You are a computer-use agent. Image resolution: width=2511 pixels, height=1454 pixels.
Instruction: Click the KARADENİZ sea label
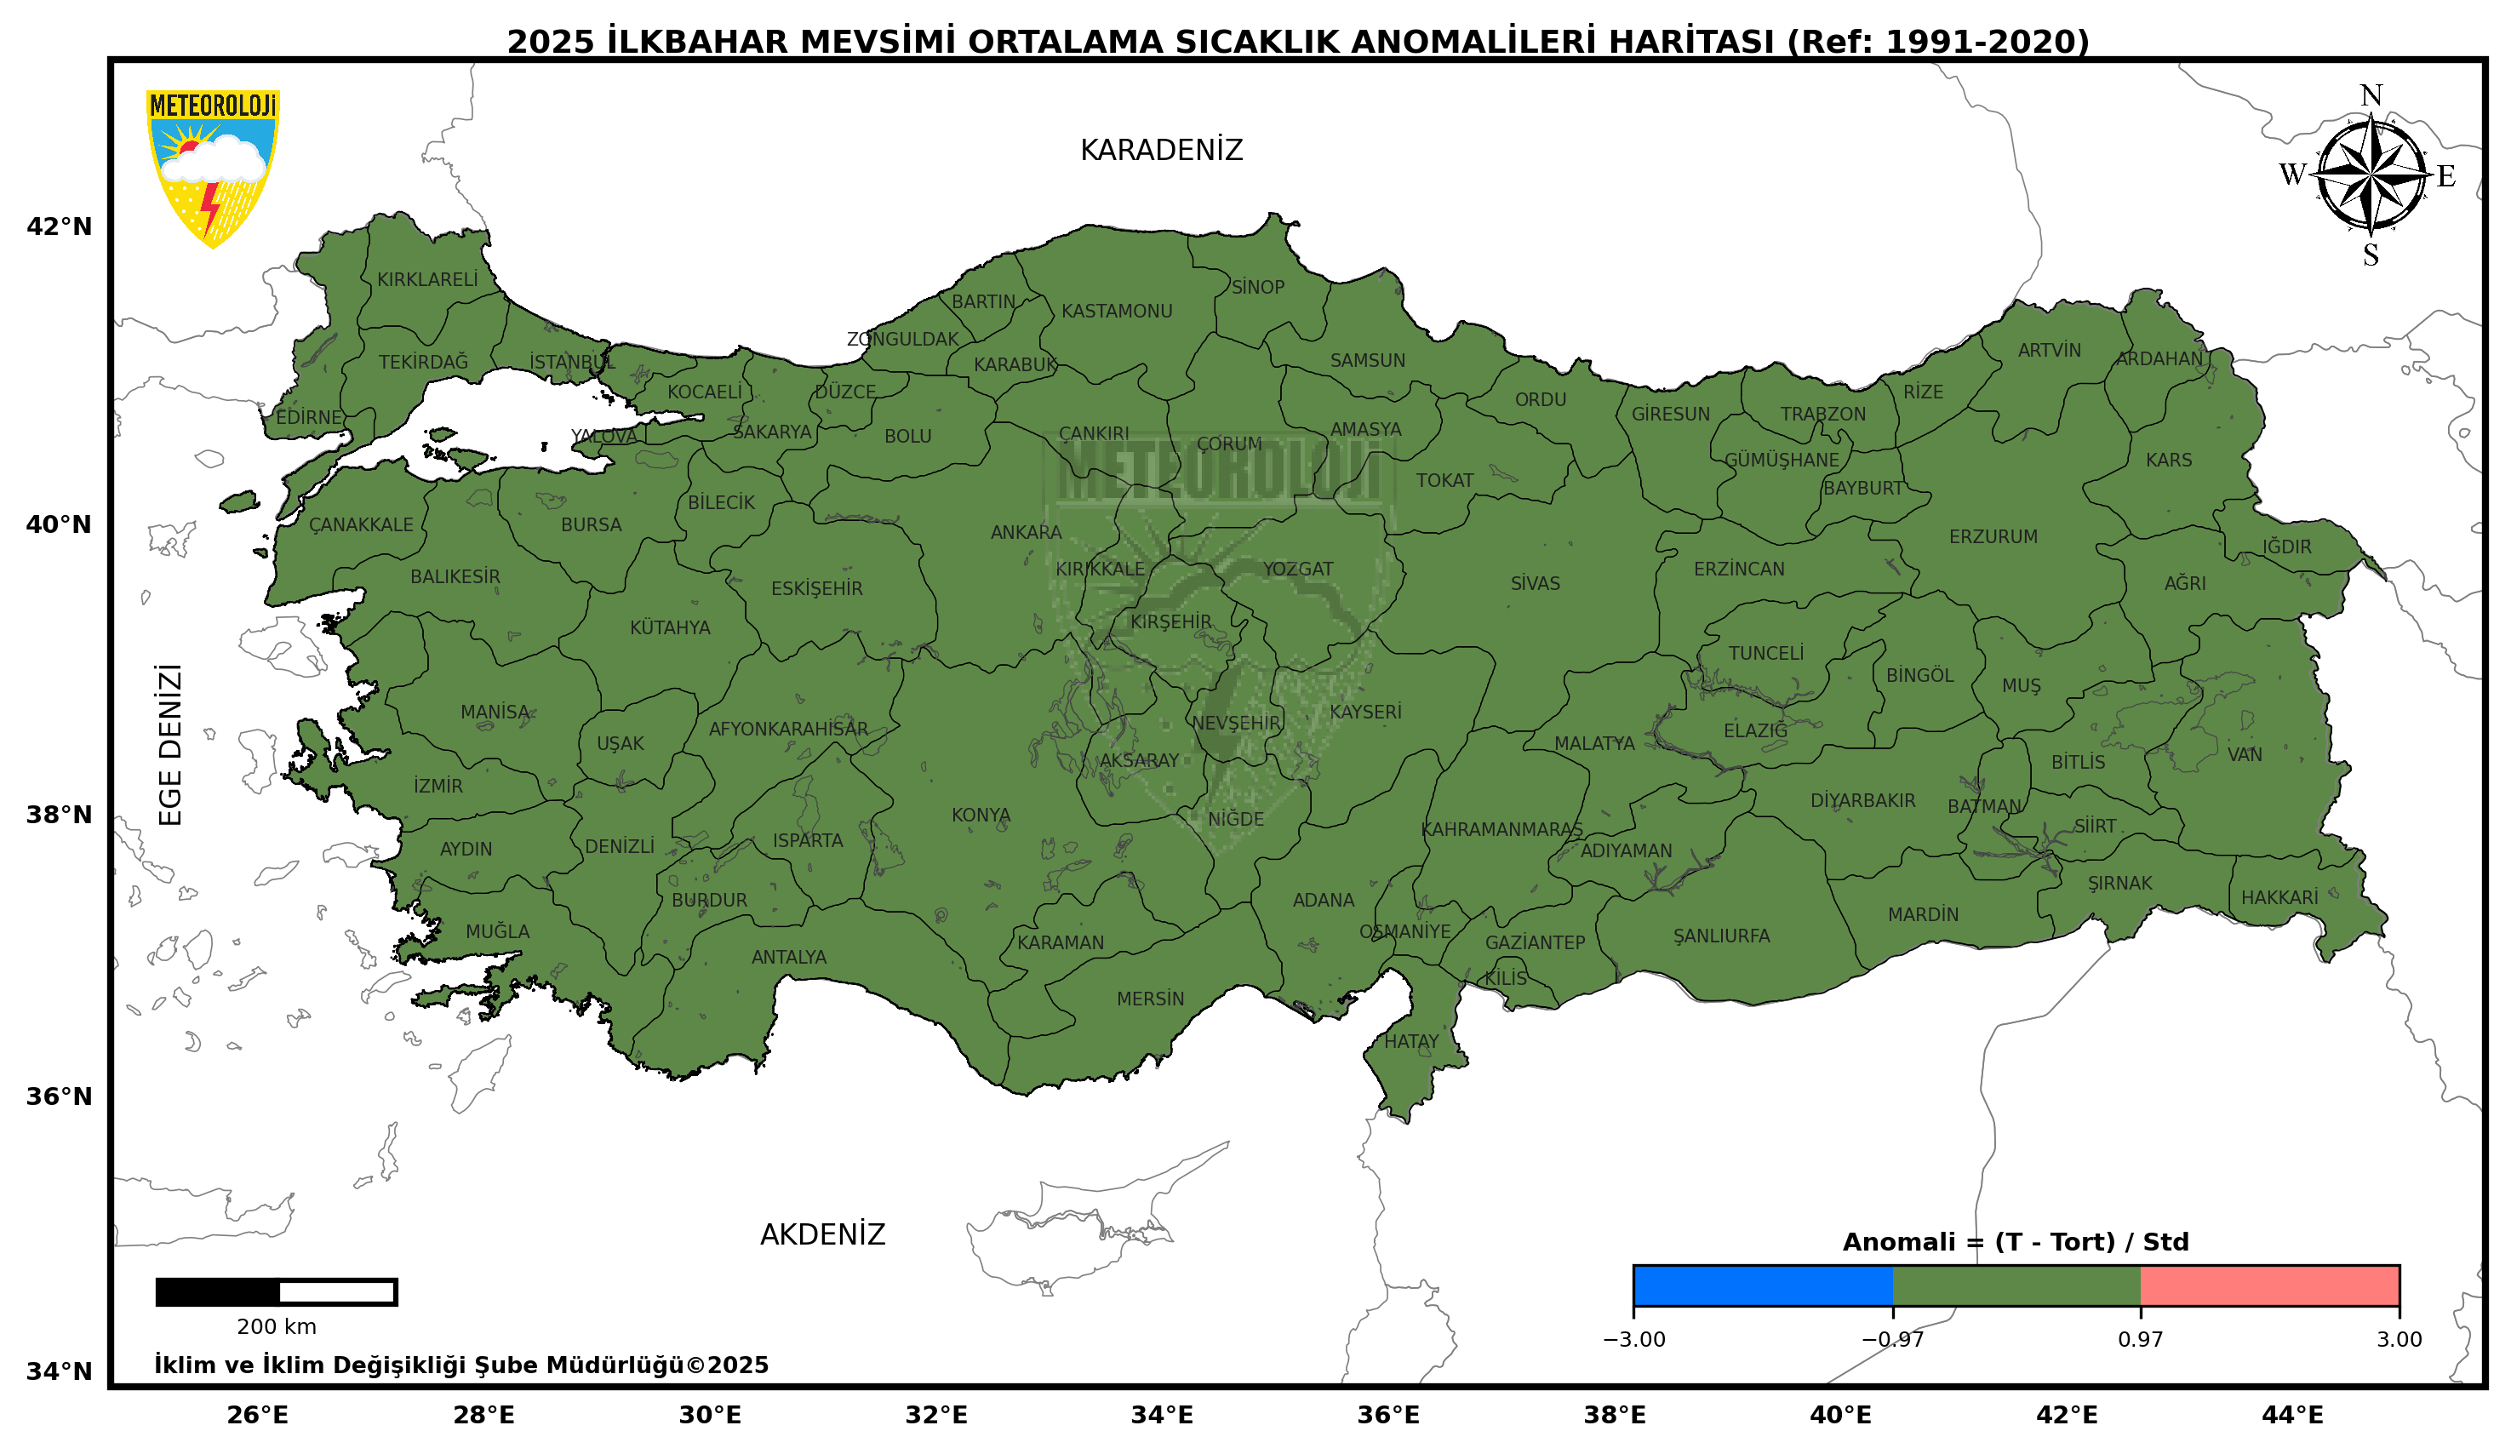point(1161,151)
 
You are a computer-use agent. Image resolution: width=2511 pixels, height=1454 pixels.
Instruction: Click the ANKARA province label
point(1026,533)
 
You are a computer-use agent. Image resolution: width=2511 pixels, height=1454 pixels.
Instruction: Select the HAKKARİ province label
point(2279,898)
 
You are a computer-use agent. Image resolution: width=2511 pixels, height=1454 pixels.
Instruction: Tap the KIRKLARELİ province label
point(426,280)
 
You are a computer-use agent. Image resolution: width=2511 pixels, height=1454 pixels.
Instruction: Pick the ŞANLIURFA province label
point(1721,936)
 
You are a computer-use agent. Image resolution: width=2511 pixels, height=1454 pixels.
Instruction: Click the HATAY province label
point(1411,1041)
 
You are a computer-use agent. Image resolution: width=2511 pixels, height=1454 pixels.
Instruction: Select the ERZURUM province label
point(1993,537)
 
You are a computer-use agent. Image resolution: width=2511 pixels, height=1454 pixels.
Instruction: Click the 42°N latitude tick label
point(59,227)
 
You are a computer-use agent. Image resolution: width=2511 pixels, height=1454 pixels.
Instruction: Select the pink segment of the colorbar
point(2269,1285)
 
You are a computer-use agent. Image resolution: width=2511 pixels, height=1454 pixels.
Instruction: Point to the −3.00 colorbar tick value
point(1633,1339)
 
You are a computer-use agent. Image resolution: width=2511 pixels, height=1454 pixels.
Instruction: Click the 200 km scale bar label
point(276,1327)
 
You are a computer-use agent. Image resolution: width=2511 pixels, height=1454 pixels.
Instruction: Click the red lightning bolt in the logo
point(209,207)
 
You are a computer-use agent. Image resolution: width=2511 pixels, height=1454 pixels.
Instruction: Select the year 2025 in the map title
point(550,42)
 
